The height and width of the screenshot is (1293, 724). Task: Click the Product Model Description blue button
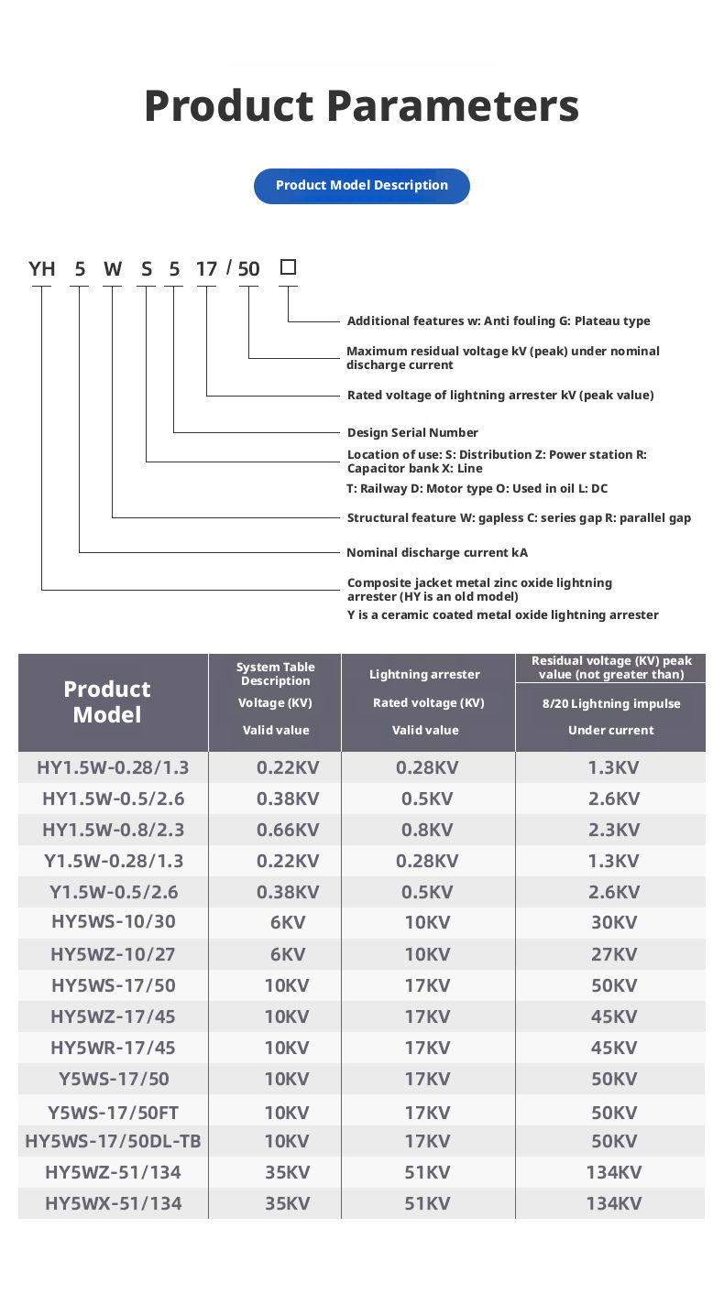361,186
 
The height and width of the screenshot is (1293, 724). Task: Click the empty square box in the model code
288,267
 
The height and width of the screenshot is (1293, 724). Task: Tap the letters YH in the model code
42,268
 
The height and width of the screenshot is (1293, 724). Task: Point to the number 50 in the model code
248,268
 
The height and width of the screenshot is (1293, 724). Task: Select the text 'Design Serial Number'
412,432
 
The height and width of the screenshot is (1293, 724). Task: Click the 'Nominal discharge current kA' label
437,552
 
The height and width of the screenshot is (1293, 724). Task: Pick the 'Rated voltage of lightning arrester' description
500,395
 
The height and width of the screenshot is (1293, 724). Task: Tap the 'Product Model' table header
107,701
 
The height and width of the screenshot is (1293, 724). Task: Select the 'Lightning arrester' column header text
424,674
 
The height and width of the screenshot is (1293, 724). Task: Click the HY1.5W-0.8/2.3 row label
113,830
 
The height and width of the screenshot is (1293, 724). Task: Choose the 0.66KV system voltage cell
288,830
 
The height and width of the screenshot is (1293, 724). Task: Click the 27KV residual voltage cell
614,954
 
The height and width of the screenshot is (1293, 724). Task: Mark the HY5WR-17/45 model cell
113,1048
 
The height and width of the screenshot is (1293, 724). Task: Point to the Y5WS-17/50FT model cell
113,1113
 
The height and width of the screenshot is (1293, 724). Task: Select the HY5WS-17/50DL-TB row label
113,1141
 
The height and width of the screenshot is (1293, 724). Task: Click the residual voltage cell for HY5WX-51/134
614,1203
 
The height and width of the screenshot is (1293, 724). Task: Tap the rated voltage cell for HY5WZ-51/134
427,1172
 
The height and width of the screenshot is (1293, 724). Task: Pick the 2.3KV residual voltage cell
614,830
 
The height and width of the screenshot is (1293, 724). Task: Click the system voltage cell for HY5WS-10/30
288,922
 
